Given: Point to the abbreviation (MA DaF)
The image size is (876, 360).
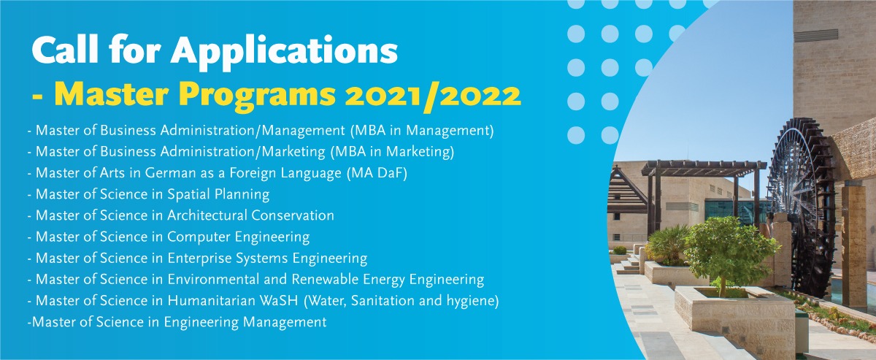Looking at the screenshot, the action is point(377,173).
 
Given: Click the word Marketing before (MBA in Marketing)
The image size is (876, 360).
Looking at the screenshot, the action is point(293,152).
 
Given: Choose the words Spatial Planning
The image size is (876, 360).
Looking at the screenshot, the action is point(218,194).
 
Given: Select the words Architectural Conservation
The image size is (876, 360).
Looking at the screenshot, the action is point(250,215).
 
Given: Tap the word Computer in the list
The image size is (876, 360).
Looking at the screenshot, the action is point(199,237).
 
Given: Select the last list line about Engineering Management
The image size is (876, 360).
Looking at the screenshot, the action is point(177,323).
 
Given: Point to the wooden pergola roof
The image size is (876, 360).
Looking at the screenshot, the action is point(704,168).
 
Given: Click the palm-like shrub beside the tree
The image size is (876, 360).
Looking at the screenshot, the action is point(666,245).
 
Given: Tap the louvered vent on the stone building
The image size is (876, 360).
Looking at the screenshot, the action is point(816,35).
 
